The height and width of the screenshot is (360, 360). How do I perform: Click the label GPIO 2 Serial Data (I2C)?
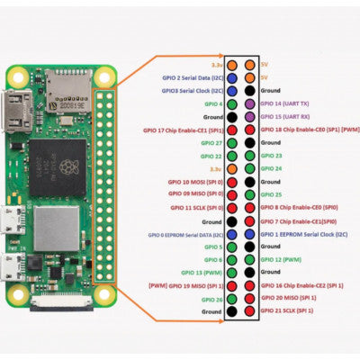point(192,78)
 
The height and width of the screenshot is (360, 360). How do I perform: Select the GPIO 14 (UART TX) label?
point(289,104)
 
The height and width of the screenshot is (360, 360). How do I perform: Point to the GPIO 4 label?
point(212,104)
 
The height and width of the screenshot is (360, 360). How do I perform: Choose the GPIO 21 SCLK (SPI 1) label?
point(289,310)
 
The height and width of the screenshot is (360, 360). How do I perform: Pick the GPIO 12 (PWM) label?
point(281,259)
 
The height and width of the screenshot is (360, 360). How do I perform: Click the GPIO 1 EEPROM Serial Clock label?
point(299,233)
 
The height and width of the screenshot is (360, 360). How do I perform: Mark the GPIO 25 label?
point(272,194)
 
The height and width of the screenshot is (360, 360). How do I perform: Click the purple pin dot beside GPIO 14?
point(248,104)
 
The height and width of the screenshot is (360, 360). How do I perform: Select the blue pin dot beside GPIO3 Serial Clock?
point(232,91)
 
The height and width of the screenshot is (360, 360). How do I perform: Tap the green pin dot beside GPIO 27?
point(232,143)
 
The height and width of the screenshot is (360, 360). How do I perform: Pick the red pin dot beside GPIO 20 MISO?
point(248,298)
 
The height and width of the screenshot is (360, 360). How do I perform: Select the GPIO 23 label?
point(272,156)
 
